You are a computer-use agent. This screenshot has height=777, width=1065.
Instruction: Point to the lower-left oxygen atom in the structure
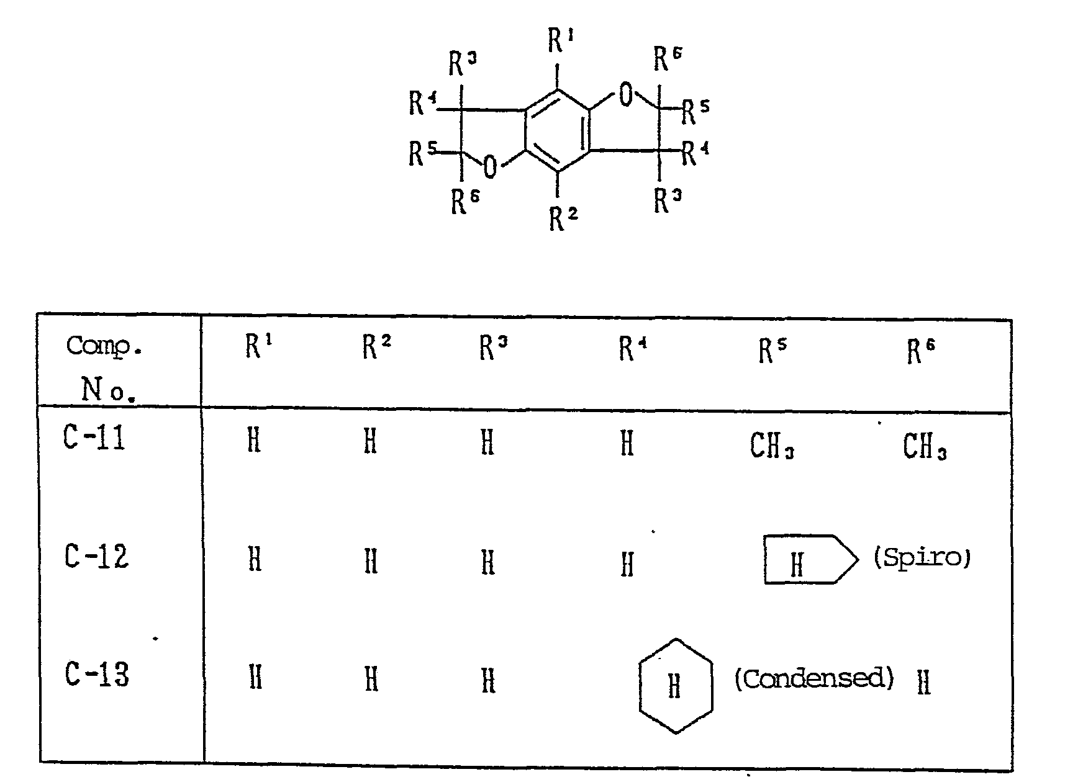(x=491, y=167)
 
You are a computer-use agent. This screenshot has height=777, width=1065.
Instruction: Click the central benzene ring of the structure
(x=557, y=131)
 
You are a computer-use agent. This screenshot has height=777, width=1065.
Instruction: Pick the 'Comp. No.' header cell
(x=102, y=366)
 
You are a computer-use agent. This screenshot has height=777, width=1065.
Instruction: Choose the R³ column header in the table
(x=492, y=348)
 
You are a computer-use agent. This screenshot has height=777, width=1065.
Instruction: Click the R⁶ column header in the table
(x=920, y=351)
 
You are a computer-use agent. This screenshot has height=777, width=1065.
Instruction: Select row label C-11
(x=94, y=438)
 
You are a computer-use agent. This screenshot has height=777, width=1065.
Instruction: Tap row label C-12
(x=96, y=555)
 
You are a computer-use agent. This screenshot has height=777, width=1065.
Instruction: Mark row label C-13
(x=97, y=674)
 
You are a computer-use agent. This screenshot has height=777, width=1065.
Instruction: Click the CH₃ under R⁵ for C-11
(x=772, y=445)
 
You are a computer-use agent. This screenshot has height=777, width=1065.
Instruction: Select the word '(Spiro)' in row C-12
(x=922, y=557)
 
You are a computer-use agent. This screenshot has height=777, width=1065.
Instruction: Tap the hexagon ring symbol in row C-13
(x=676, y=686)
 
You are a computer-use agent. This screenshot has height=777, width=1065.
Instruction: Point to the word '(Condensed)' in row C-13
(x=813, y=679)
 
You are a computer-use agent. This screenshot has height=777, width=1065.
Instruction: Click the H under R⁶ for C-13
(x=923, y=683)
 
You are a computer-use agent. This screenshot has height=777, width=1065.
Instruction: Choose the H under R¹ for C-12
(x=255, y=560)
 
